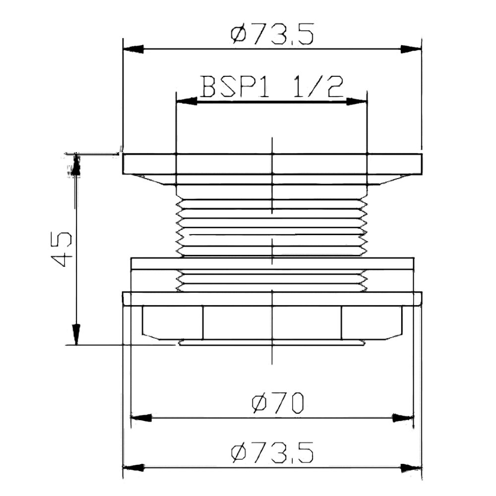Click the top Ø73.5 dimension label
[272, 33]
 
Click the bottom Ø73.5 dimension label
[272, 452]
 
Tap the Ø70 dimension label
[278, 403]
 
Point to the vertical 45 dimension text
[62, 249]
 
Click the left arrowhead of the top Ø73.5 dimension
[133, 49]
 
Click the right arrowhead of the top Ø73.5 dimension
[411, 49]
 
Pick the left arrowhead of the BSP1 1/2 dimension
[186, 102]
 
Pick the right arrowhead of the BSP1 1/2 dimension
[357, 102]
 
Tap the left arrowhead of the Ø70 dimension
[141, 418]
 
